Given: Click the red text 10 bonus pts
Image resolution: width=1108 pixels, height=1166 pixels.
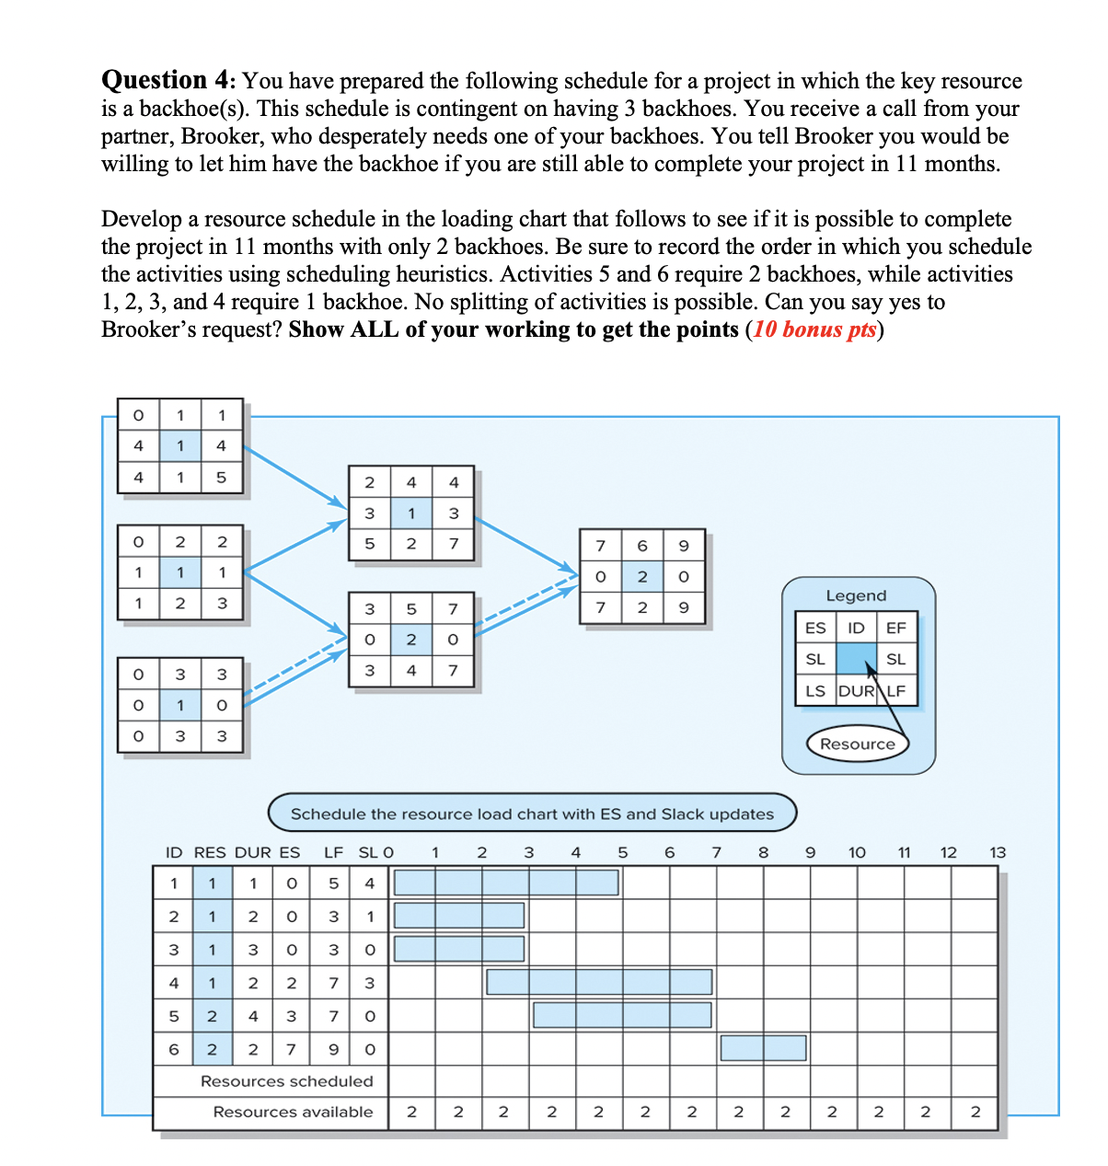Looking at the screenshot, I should [x=814, y=330].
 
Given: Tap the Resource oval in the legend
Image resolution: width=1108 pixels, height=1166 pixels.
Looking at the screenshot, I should [x=857, y=744].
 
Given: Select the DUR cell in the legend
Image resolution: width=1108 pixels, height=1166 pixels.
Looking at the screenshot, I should [x=856, y=691].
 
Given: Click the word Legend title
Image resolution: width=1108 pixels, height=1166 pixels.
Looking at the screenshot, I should [x=856, y=596].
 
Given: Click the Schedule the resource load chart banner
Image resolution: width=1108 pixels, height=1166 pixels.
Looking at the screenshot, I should [x=532, y=814].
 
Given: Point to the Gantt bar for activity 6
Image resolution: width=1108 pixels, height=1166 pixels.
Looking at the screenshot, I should [x=763, y=1048].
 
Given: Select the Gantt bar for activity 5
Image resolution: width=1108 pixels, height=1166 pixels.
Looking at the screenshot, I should [x=622, y=1015].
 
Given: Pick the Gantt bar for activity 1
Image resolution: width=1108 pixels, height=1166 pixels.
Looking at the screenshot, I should [x=506, y=883].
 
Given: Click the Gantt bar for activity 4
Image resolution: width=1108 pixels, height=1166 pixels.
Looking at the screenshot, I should [x=599, y=982].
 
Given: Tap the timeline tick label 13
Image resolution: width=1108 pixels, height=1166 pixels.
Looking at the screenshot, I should [x=998, y=852].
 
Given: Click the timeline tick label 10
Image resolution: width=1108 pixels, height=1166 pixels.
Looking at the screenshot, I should [x=857, y=852].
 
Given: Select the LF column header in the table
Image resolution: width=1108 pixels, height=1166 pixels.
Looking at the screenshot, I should [x=333, y=852].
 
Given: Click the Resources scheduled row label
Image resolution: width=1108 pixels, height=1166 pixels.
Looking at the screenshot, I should [x=286, y=1081].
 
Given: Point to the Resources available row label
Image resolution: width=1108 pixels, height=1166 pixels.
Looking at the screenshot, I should [x=293, y=1112].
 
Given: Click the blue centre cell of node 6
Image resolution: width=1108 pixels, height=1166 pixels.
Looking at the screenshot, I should [x=642, y=577].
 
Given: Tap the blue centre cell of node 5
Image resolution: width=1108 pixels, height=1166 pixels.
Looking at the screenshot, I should [x=411, y=640].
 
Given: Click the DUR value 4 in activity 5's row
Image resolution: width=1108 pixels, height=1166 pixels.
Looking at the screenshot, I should [x=253, y=1016].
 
